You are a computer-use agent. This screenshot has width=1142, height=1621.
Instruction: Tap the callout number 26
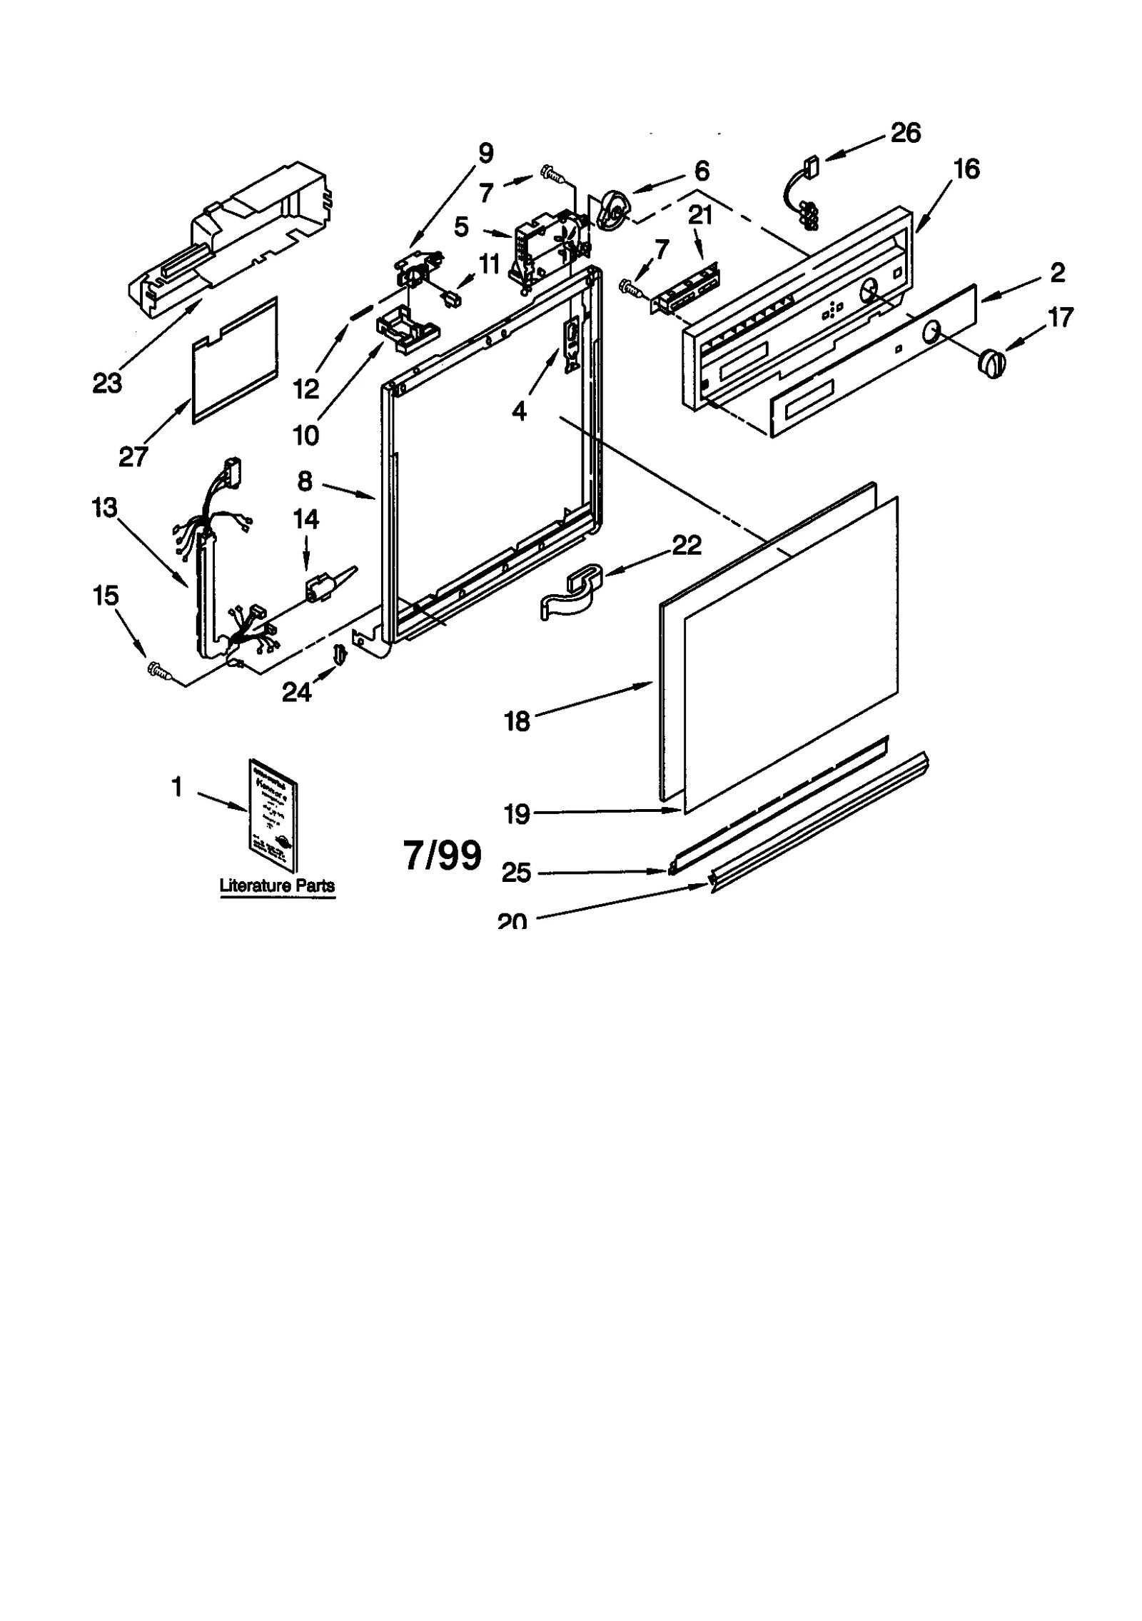tap(905, 133)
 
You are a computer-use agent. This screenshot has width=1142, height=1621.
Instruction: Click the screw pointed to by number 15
tap(158, 670)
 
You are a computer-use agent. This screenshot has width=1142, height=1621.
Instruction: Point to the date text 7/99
tap(443, 855)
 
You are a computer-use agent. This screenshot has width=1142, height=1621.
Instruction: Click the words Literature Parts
tap(277, 885)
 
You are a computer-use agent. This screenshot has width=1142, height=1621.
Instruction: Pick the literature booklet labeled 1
tap(273, 814)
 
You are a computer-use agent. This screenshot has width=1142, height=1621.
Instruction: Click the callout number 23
tap(107, 383)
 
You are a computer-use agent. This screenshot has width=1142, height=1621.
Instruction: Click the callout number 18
tap(517, 721)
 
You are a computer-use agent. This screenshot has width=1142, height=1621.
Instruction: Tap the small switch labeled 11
tap(450, 297)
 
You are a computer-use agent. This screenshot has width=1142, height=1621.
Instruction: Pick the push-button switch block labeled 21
tap(687, 291)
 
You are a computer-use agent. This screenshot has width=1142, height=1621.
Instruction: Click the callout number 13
tap(104, 508)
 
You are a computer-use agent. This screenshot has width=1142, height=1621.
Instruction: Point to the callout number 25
tap(516, 872)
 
